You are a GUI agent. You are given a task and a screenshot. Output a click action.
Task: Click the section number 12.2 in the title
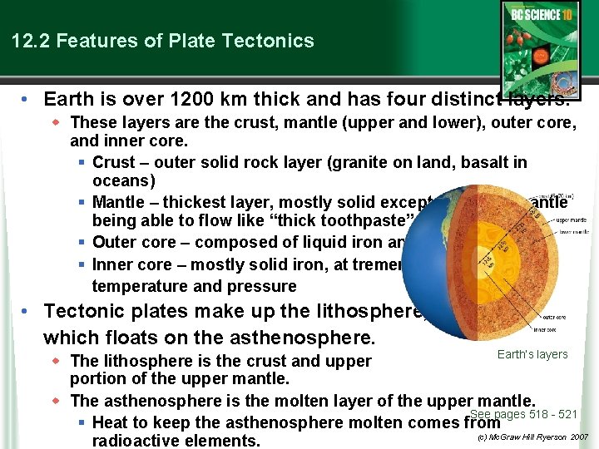click(30, 41)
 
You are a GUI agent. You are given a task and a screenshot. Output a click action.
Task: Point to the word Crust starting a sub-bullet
click(115, 161)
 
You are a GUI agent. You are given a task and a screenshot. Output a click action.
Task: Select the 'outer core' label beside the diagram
click(557, 317)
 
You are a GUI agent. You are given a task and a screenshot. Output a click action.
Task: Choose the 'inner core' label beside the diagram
click(557, 331)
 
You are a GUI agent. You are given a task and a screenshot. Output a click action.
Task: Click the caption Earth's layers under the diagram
click(532, 355)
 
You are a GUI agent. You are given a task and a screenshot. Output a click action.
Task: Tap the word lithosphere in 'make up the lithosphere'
click(354, 312)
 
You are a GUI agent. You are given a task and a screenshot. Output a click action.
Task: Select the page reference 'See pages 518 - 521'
click(523, 414)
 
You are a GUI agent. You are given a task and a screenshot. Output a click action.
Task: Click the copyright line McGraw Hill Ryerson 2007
click(532, 437)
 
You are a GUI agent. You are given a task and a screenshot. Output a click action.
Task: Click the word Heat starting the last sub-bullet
click(111, 422)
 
